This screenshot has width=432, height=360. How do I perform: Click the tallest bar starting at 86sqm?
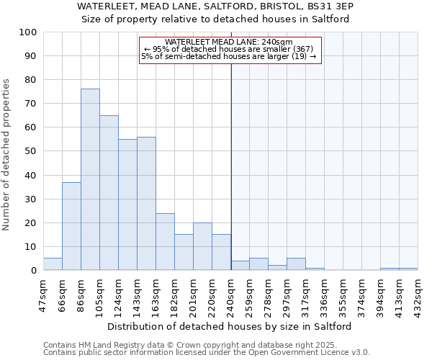(x=90, y=179)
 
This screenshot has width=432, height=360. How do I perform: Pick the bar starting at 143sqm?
(x=146, y=203)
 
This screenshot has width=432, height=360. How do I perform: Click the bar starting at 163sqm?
(x=165, y=242)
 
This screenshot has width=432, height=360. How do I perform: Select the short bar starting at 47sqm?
(x=53, y=264)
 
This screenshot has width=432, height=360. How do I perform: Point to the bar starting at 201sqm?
(x=202, y=246)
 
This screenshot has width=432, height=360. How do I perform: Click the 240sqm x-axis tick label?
(x=231, y=292)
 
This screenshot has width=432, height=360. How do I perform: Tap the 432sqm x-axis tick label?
(x=418, y=292)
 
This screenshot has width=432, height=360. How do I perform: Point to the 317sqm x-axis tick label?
(x=306, y=292)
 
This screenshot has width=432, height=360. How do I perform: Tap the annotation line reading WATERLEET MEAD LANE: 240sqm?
(x=228, y=42)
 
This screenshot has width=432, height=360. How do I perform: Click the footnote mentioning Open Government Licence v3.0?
(x=207, y=352)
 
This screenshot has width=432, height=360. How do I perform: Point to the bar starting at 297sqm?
(x=296, y=264)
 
